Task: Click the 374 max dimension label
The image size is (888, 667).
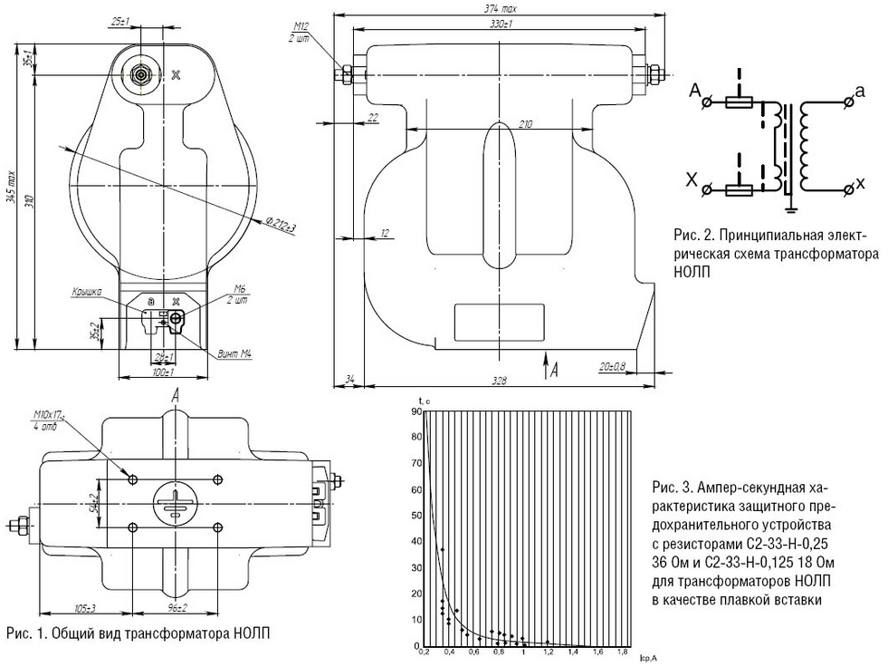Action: pos(499,8)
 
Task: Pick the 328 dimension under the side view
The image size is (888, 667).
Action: pos(502,381)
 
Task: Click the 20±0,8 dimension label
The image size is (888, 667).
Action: pos(617,366)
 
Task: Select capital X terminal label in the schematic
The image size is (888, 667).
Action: pos(692,182)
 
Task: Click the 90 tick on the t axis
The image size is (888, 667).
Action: pos(417,411)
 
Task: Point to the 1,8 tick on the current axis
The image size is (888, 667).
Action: pos(622,652)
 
